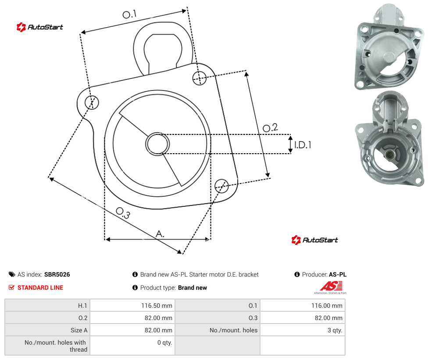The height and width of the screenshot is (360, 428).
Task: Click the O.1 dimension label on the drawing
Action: coord(129,14)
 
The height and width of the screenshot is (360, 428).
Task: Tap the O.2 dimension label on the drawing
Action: coord(270,128)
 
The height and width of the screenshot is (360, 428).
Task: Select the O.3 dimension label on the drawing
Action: coord(123,213)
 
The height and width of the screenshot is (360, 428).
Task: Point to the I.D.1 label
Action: coord(303,144)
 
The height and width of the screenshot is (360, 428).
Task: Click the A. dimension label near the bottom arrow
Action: coord(160,234)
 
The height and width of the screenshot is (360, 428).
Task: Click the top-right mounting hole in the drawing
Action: coord(200,78)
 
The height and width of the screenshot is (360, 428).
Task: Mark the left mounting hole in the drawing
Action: coord(92,102)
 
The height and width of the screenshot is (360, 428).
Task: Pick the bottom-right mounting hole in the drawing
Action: coord(221,186)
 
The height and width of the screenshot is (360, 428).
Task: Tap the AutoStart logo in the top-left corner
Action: coord(40,27)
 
